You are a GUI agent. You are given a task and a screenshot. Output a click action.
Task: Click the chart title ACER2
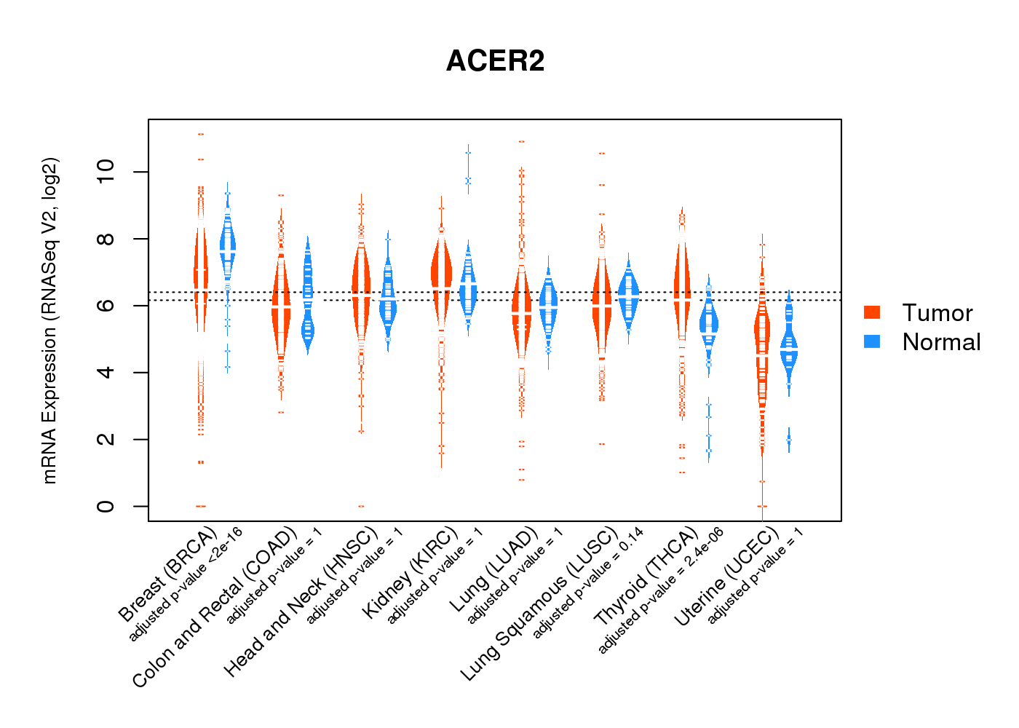coord(495,61)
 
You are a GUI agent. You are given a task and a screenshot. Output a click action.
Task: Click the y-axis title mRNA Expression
coord(49,320)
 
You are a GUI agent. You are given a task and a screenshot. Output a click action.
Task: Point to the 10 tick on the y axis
coord(106,172)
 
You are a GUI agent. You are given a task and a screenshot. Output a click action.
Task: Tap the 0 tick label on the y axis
coord(106,506)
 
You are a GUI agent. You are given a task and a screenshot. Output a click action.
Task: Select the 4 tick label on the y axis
coord(106,372)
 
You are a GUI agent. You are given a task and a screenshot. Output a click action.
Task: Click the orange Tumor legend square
coord(872,312)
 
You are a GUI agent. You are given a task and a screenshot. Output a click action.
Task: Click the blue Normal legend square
coord(872,341)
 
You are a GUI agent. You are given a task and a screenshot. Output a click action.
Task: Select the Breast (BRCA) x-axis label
coord(167,575)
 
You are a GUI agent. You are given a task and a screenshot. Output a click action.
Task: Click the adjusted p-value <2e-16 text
coord(186,585)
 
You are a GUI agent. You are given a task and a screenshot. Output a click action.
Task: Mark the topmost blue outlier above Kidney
coord(468,152)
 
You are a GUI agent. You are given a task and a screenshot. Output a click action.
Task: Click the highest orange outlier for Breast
coord(200,134)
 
